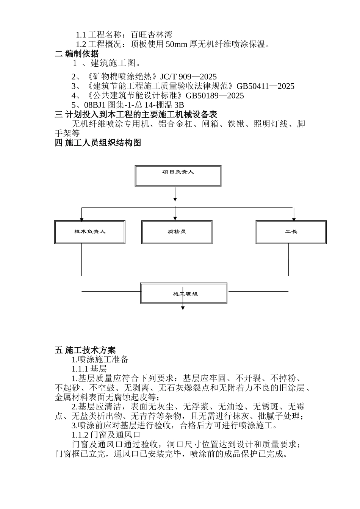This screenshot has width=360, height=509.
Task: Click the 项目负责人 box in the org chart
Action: (178, 176)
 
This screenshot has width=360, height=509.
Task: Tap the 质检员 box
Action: (177, 232)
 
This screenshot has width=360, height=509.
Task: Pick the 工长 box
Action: (291, 232)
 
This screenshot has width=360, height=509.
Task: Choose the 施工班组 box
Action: (184, 293)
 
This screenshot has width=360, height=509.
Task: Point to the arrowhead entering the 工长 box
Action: (294, 219)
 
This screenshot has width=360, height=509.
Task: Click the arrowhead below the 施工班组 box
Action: (183, 308)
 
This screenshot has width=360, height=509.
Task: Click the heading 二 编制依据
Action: (77, 53)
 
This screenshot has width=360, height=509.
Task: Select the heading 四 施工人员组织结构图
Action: (98, 143)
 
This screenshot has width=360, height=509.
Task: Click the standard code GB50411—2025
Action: (265, 86)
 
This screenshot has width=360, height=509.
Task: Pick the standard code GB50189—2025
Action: (214, 96)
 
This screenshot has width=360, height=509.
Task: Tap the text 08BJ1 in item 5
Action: (91, 105)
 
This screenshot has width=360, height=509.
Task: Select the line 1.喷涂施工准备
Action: (100, 359)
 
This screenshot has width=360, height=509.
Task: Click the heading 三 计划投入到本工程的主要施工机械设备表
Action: (136, 114)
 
